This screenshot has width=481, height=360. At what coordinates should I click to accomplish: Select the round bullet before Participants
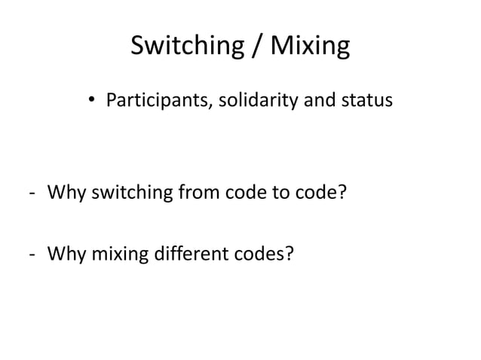(93, 99)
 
